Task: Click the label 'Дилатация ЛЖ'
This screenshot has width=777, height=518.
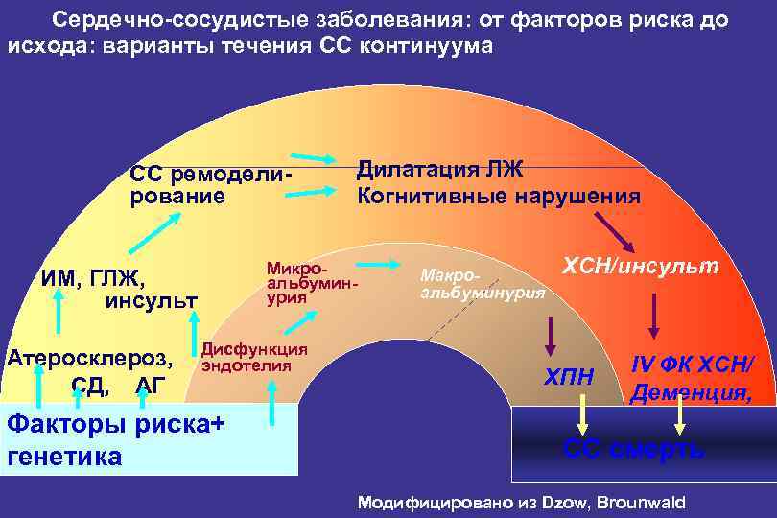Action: [440, 170]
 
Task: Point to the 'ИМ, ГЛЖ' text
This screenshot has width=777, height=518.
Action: [92, 279]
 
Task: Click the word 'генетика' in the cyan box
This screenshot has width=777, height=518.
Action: [64, 457]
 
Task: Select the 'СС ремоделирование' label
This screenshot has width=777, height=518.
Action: [209, 185]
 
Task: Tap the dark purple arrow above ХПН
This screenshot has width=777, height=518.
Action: [551, 333]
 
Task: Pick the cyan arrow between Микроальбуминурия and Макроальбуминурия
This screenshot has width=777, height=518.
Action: [380, 262]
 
